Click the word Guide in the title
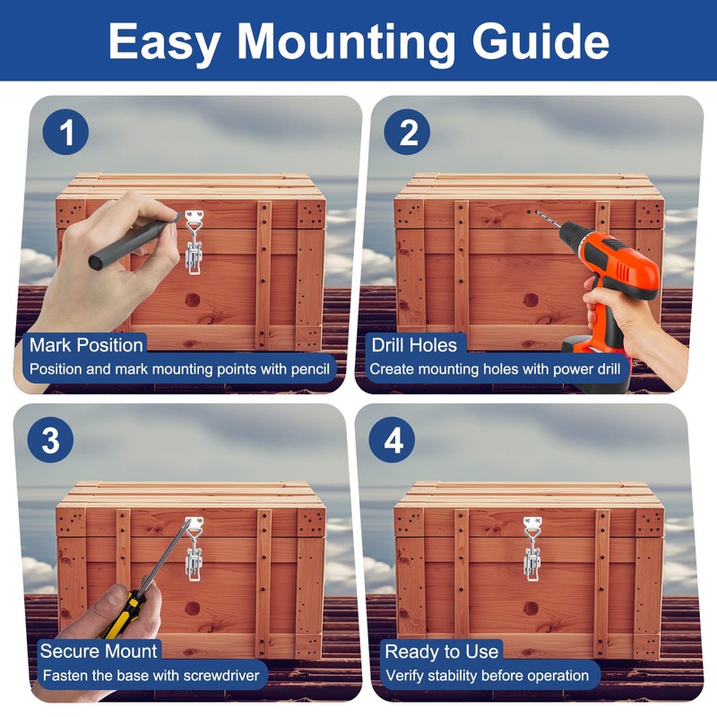click(x=540, y=42)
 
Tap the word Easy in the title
click(x=164, y=42)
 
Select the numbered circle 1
click(x=65, y=132)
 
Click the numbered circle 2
click(x=407, y=132)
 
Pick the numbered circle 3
click(x=50, y=440)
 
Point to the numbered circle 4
click(x=393, y=440)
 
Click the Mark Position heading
click(x=86, y=345)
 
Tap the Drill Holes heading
click(x=414, y=345)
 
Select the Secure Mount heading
click(x=99, y=652)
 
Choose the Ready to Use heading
click(x=442, y=652)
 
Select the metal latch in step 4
click(x=531, y=549)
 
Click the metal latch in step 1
click(x=194, y=242)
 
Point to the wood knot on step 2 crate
click(x=531, y=300)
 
